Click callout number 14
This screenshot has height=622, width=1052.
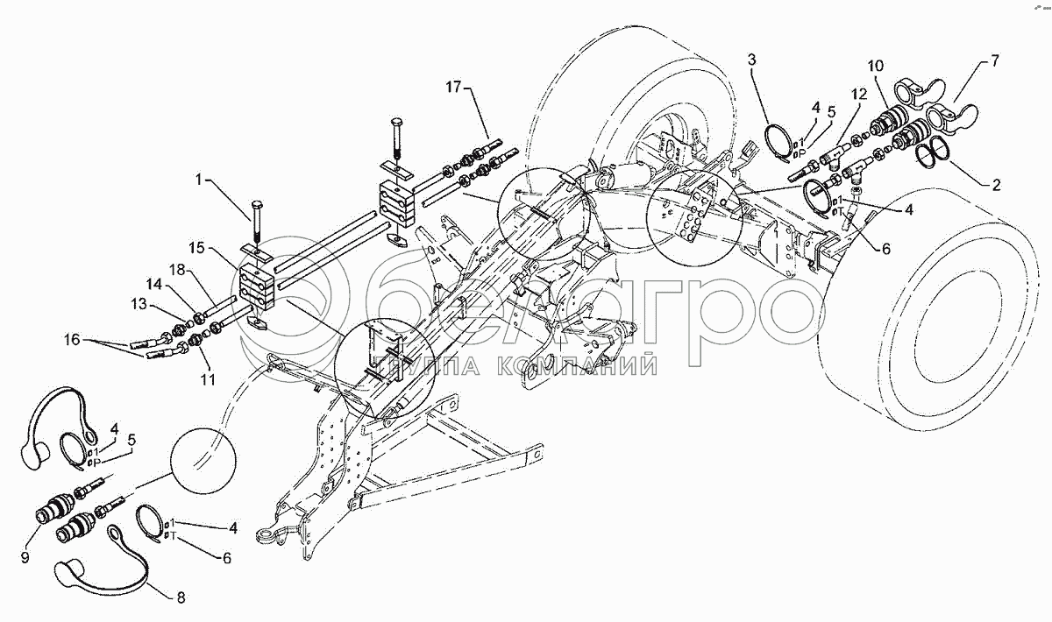(153, 284)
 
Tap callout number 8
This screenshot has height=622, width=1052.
(181, 598)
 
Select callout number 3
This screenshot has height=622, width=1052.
(752, 60)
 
